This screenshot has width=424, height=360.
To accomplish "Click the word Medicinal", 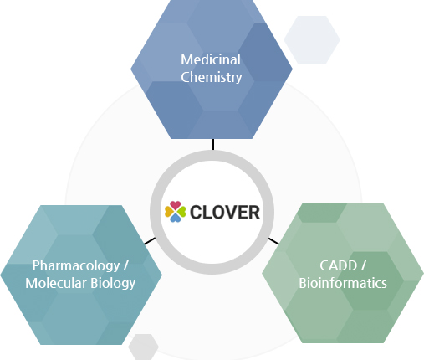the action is [x=211, y=59].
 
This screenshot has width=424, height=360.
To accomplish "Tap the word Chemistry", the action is [x=212, y=77].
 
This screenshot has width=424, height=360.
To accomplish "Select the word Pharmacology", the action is [x=76, y=265].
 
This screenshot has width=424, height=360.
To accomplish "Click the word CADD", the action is [x=338, y=265].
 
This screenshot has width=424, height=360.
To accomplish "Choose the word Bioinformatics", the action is [x=343, y=283].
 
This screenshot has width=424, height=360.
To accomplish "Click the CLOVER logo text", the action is [x=225, y=212].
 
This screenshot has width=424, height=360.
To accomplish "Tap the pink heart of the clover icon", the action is [x=176, y=205].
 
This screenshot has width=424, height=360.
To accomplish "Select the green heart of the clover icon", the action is [x=181, y=212].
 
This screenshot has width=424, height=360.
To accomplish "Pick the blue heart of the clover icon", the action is [x=176, y=218].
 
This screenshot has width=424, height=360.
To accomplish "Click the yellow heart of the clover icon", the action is [x=169, y=212].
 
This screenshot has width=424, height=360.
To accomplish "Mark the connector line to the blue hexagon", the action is [x=213, y=144].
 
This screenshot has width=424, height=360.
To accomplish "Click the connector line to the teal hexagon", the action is [x=150, y=241].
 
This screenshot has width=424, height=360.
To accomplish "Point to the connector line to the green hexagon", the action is [x=273, y=241].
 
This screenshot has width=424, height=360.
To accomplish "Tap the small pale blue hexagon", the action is [x=312, y=39].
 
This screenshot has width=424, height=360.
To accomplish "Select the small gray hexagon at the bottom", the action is [x=144, y=347].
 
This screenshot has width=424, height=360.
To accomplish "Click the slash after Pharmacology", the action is [x=125, y=265].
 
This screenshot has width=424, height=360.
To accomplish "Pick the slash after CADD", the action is [x=363, y=265].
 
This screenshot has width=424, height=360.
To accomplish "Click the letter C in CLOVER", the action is [x=197, y=212].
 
